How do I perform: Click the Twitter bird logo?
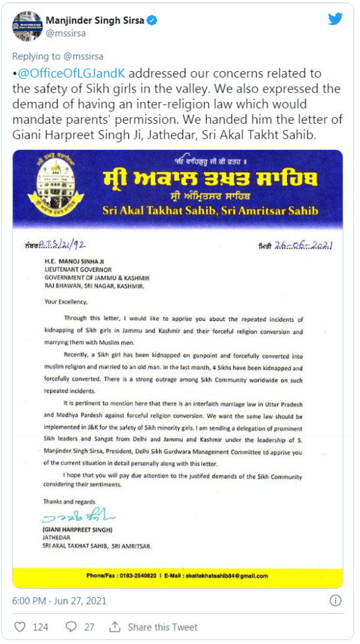[x=335, y=18]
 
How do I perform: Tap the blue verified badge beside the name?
[x=152, y=20]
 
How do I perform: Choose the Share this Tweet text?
[x=163, y=627]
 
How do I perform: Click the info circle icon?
[x=335, y=601]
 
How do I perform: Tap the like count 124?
[x=40, y=627]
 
